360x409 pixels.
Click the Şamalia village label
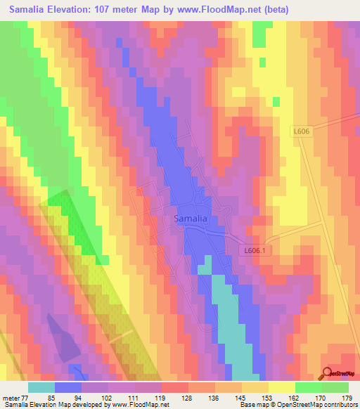click(x=190, y=219)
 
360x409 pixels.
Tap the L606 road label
click(x=301, y=131)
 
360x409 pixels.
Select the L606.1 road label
click(x=257, y=250)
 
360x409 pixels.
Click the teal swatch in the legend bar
click(x=41, y=387)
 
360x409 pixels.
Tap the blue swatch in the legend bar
click(x=68, y=387)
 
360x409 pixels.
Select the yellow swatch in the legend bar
click(x=282, y=387)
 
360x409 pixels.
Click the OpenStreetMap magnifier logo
click(x=327, y=373)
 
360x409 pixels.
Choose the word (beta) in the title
click(x=258, y=10)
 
